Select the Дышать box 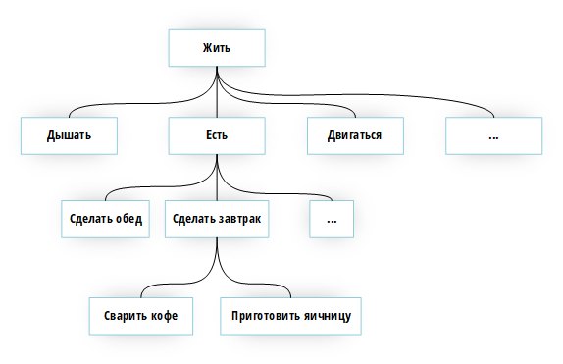69,135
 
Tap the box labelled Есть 216,135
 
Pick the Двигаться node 354,135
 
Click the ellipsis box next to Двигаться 492,135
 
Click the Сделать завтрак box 216,219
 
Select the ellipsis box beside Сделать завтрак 332,219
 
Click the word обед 128,219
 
